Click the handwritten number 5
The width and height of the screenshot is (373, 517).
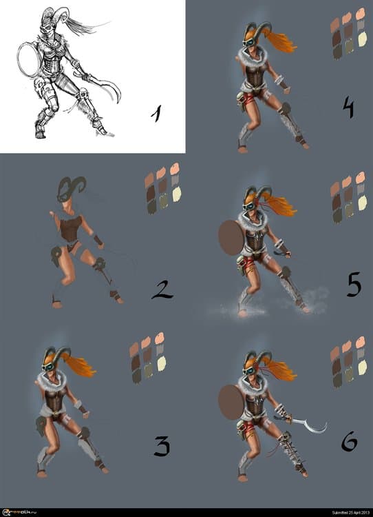tap(354, 284)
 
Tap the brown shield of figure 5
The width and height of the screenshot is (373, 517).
tap(231, 238)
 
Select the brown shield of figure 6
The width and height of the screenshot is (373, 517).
tap(231, 402)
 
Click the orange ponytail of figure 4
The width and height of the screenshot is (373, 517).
tap(280, 39)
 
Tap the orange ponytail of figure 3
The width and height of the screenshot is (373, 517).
tap(80, 366)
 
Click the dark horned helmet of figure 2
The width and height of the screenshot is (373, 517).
tap(72, 187)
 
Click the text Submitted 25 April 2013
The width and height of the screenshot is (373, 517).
tap(341, 512)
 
